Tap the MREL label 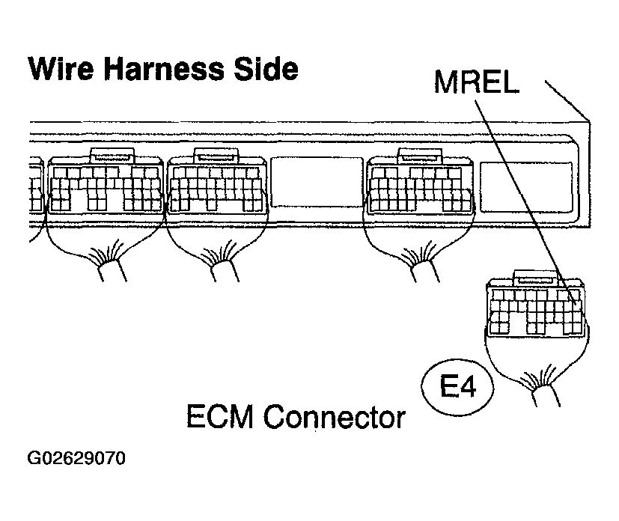point(477,82)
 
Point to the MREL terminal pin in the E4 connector point(573,303)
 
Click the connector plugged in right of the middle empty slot point(420,187)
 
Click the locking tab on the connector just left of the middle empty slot point(216,155)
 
